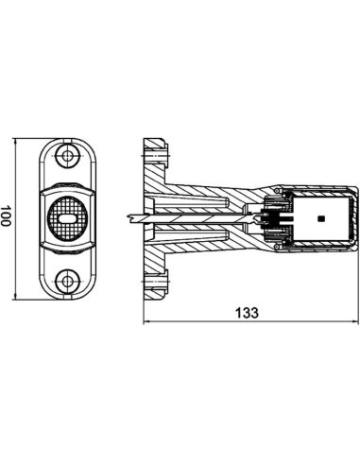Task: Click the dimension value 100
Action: pyautogui.click(x=8, y=216)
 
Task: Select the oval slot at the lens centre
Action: pyautogui.click(x=66, y=216)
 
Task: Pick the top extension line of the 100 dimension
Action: pyautogui.click(x=33, y=139)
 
